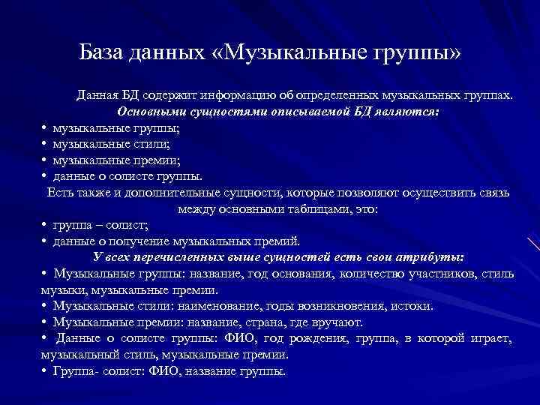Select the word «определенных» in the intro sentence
coord(338,96)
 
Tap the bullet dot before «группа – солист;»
coord(45,225)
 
